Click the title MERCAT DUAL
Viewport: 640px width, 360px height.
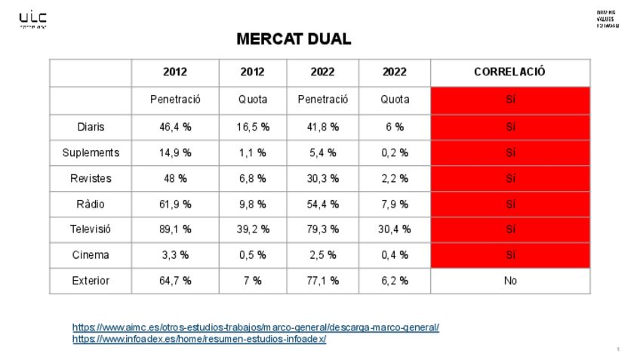[x=294, y=38]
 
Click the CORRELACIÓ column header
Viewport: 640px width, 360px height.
[x=509, y=72]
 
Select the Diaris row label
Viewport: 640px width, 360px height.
[x=91, y=128]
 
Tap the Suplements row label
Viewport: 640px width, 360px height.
[x=91, y=153]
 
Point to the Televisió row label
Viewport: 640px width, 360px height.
[x=91, y=229]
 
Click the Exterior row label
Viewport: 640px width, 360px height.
[x=91, y=281]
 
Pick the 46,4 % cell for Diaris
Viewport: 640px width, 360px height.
[x=175, y=128]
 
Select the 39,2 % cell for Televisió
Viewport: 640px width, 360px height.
[x=252, y=229]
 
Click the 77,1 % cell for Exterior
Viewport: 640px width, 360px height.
[x=323, y=281]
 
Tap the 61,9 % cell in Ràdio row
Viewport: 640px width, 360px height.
[x=175, y=204]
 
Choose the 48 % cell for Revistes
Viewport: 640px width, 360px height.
[x=175, y=179]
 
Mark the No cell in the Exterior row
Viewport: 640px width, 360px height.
[x=510, y=281]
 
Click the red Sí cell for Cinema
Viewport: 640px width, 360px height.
[x=510, y=255]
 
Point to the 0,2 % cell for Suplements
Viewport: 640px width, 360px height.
[x=394, y=153]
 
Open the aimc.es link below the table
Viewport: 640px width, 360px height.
[x=255, y=328]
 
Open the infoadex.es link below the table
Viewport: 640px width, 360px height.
[x=199, y=339]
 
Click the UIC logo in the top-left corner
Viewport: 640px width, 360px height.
[x=32, y=19]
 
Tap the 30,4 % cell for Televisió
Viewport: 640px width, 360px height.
[x=394, y=229]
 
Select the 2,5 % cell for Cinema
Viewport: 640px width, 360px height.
[x=323, y=255]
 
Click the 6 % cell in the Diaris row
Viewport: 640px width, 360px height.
[x=394, y=128]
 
